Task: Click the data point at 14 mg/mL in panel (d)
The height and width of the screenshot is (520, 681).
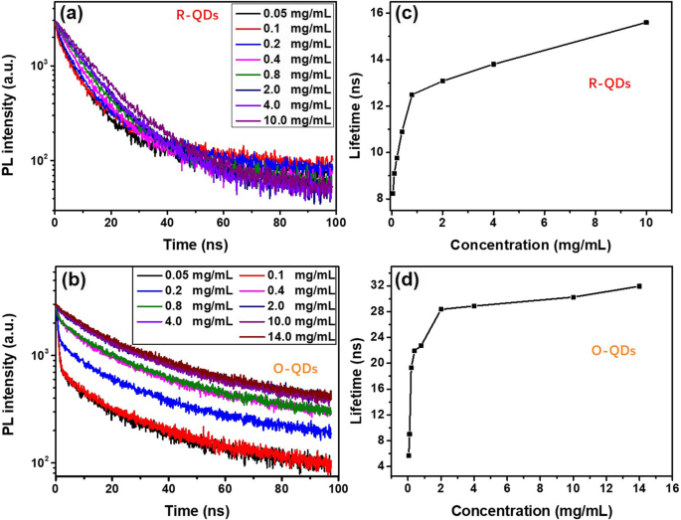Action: tap(639, 286)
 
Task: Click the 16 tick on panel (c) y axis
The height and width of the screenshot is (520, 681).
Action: tap(373, 12)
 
